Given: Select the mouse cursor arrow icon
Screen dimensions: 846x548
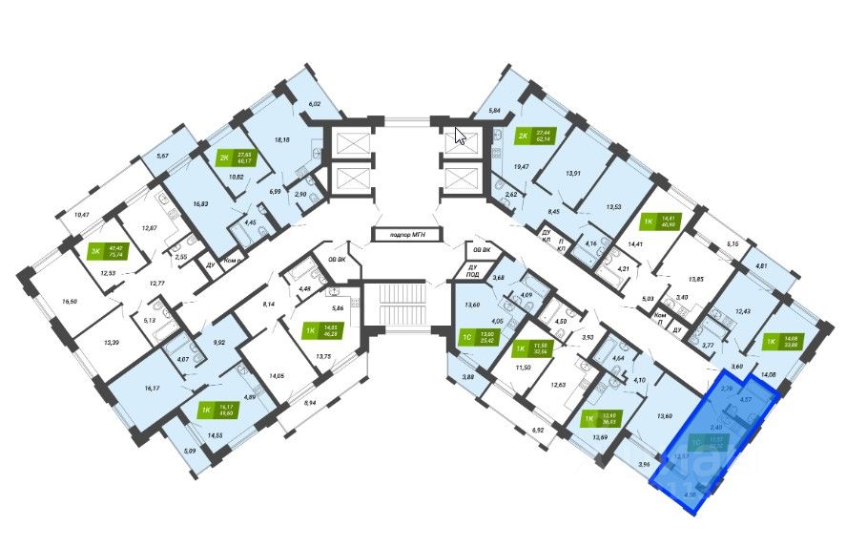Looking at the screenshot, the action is pos(461,136).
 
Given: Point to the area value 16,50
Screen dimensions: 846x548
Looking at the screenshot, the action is pos(70,301).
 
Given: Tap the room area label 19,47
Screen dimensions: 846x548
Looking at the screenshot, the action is pos(522,167).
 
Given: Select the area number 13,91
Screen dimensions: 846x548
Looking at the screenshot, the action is pos(573,173).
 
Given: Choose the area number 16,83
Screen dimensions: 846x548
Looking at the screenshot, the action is pos(200,203).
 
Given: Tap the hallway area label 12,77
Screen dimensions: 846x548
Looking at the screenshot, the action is pos(155,284).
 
